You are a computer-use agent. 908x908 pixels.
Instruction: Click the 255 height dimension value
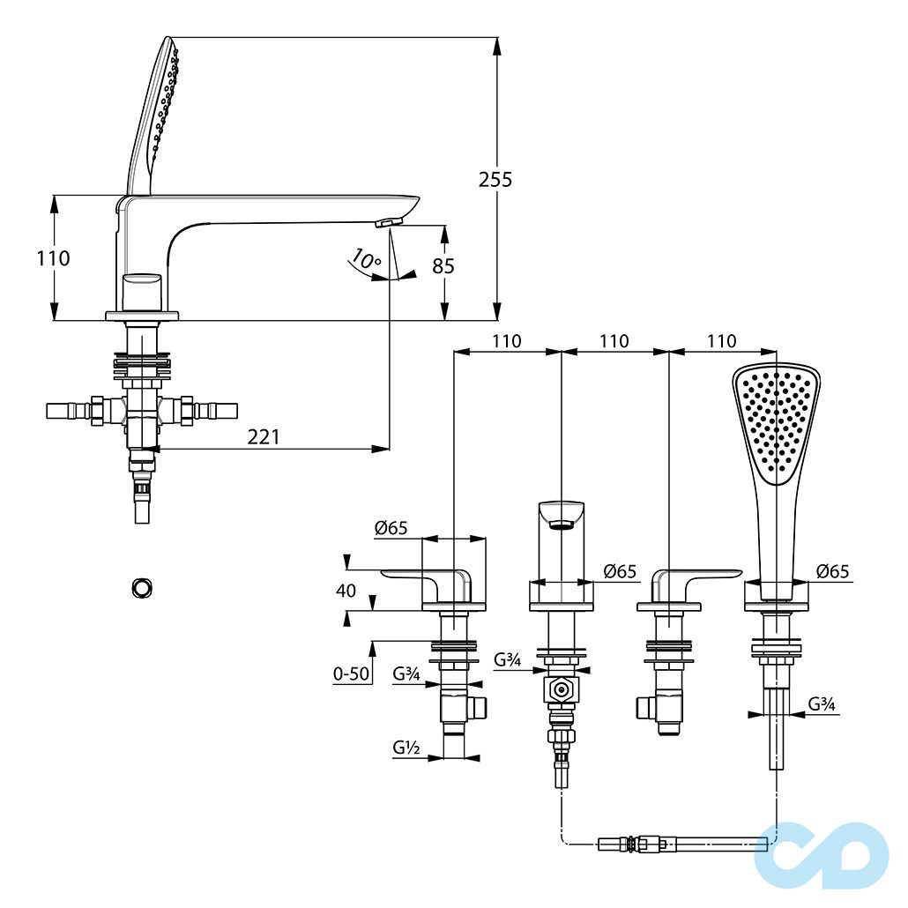tap(495, 180)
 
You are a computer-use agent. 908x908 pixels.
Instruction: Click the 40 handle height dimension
tap(346, 591)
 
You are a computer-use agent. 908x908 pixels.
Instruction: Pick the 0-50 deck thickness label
tap(351, 674)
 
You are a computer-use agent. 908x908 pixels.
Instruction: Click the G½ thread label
tap(406, 748)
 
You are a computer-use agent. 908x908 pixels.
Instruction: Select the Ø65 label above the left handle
tap(391, 528)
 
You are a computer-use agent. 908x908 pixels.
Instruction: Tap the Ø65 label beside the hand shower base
tap(832, 571)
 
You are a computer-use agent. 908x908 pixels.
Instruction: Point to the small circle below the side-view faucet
tap(140, 586)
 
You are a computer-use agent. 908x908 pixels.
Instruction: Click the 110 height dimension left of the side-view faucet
tap(54, 258)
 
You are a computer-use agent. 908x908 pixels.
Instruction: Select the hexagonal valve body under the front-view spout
tap(561, 690)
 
